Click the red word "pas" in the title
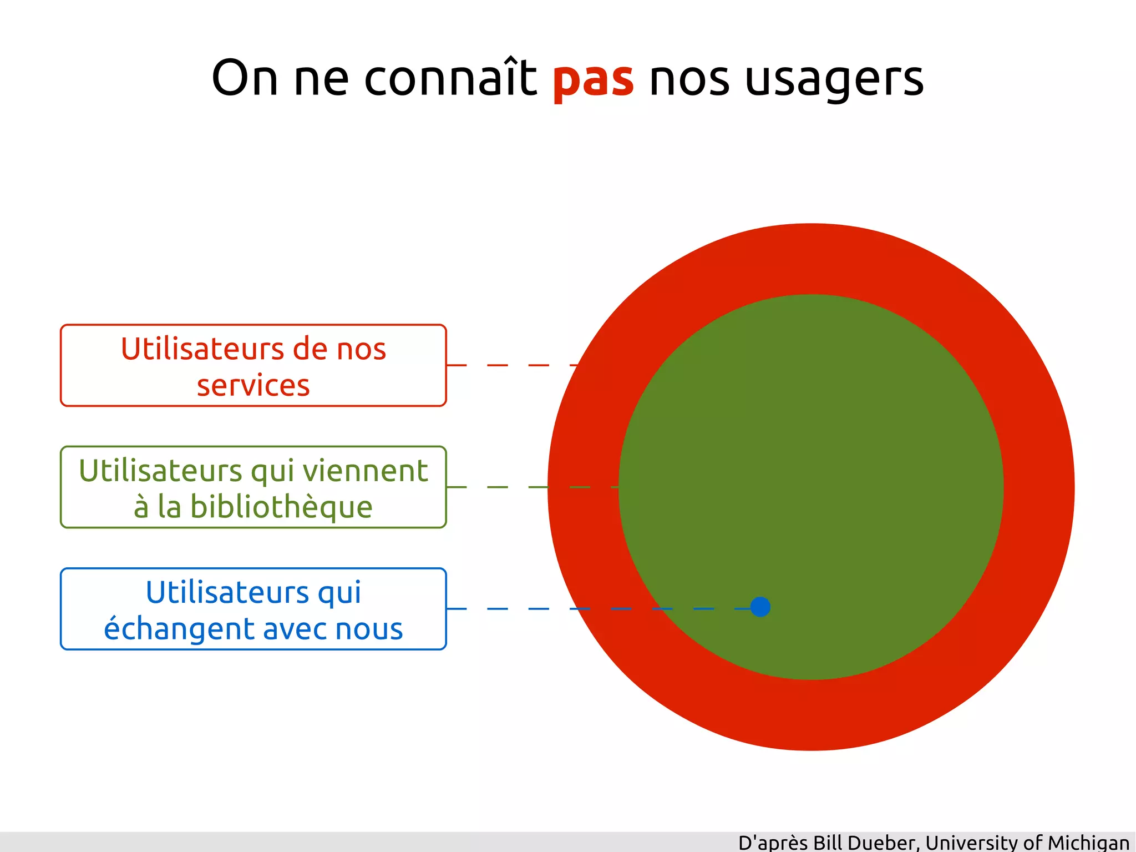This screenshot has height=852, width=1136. pos(593,79)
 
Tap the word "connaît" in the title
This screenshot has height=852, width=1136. pos(450,78)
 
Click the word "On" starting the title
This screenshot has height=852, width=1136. pos(244,78)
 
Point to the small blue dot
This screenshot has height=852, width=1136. pos(760,607)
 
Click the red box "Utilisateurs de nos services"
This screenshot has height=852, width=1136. pos(253,365)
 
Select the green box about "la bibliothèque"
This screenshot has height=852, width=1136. pos(253,487)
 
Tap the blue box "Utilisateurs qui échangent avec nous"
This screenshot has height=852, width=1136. pos(253,608)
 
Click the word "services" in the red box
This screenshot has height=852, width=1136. pos(253,385)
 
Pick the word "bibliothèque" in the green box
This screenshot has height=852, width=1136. pos(281,507)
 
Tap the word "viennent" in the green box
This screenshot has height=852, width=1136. pos(365,471)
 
